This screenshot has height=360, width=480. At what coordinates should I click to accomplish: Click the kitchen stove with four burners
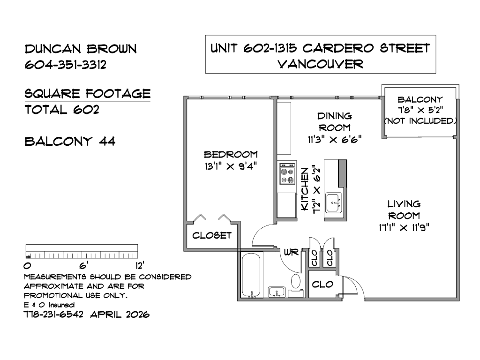287,173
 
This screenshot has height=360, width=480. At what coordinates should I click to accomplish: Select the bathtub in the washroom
251,275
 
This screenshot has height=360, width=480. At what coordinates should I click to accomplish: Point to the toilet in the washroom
296,285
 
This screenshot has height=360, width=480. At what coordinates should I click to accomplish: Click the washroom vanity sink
277,292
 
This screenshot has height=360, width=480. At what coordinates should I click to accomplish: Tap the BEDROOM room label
231,154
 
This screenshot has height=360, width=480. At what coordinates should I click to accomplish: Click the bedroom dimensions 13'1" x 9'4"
231,166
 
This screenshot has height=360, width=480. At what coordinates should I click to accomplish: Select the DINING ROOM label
335,122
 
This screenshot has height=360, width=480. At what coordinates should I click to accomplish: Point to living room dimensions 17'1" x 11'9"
404,228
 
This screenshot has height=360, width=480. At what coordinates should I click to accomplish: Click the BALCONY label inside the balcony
420,99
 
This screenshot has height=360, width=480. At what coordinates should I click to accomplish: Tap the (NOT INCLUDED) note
420,121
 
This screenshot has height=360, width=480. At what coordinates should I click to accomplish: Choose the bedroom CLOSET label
212,235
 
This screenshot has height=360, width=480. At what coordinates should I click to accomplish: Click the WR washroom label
291,252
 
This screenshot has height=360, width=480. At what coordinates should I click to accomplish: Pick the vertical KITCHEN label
305,189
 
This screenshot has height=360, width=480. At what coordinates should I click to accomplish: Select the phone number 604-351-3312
66,65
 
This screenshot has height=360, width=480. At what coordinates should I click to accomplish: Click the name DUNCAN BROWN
81,49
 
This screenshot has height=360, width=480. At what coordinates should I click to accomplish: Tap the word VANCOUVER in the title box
320,64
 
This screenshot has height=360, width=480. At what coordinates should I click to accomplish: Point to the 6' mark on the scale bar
83,265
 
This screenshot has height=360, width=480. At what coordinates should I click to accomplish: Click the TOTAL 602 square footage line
62,110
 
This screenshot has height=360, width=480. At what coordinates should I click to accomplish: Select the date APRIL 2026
120,315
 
